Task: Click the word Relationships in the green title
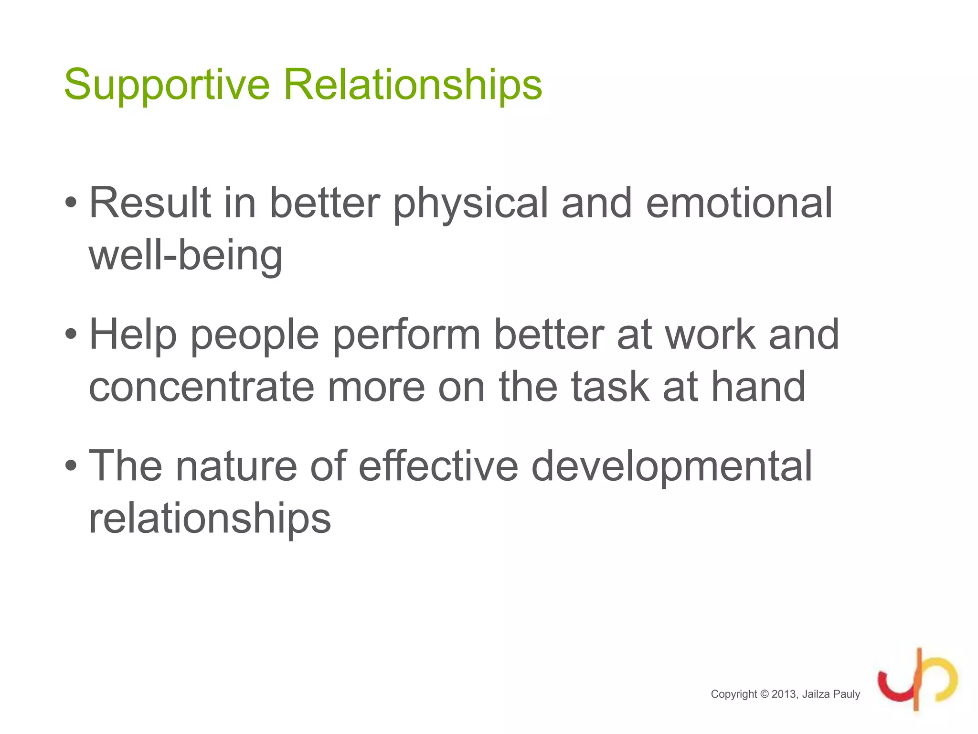coord(413,85)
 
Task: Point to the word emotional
coord(739,203)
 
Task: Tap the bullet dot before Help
coord(71,335)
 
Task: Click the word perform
coord(406,335)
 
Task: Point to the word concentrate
coord(202,387)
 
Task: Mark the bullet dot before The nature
coord(71,466)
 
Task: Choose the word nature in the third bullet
coord(237,467)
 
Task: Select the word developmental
coord(671,467)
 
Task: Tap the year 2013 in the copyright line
coord(784,694)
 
